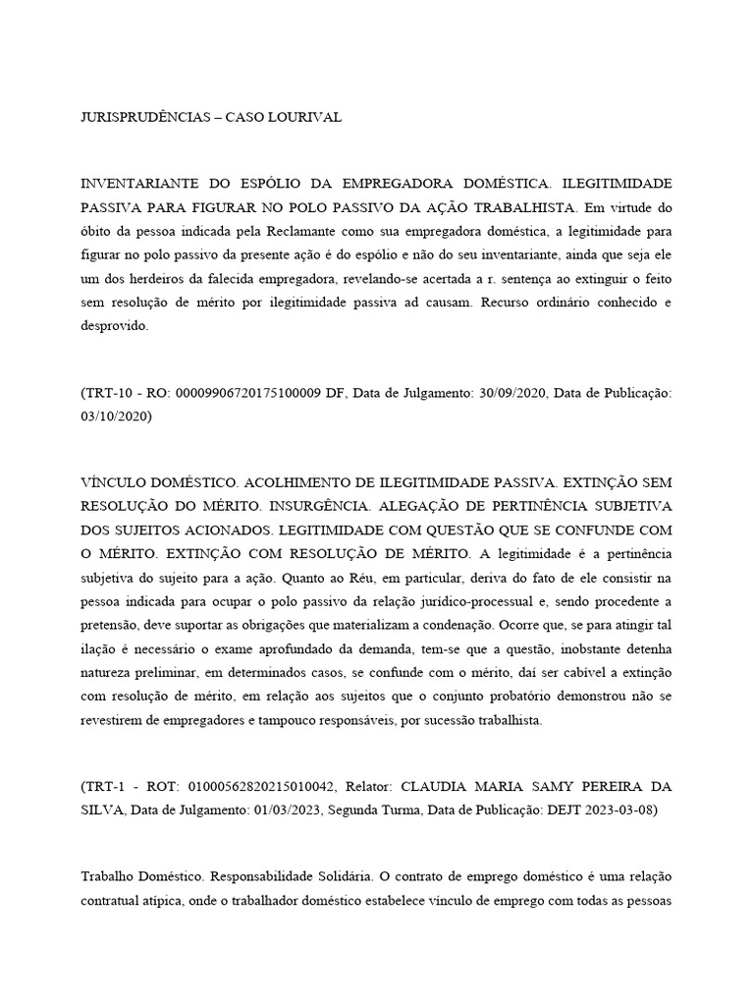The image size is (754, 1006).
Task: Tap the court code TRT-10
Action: tap(109, 393)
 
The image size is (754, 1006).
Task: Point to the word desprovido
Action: tap(113, 326)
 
